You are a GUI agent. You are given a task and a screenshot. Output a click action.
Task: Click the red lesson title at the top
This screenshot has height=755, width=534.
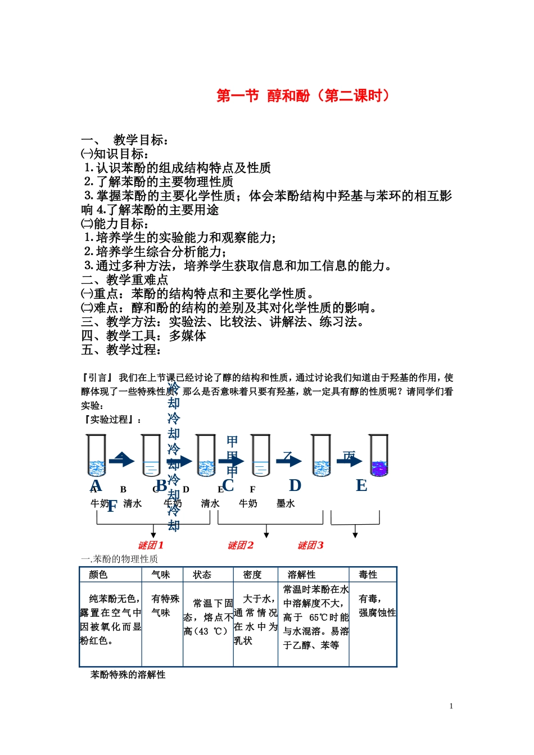(303, 95)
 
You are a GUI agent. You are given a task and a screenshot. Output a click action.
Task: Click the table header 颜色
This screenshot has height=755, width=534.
(98, 575)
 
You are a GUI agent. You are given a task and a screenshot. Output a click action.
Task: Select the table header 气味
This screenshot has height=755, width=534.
(161, 575)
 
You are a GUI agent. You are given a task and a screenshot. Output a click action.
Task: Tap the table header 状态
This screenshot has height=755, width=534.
(202, 575)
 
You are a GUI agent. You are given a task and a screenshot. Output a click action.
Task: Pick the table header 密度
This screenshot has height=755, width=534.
(252, 575)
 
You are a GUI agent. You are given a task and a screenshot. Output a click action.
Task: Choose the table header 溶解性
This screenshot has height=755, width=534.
(301, 575)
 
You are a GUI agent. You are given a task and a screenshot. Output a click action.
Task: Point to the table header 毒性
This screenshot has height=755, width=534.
(368, 575)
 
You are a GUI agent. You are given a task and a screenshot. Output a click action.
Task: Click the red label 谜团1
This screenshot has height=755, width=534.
(151, 545)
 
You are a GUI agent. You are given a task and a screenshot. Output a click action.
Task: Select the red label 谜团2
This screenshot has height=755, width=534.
(241, 545)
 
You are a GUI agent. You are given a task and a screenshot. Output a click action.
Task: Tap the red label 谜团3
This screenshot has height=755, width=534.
(310, 545)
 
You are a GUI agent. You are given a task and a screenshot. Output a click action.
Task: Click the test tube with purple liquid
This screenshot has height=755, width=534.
(379, 456)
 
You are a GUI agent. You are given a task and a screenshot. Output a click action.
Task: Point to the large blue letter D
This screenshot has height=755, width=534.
(295, 485)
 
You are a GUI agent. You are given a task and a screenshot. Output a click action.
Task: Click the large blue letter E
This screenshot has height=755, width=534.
(361, 485)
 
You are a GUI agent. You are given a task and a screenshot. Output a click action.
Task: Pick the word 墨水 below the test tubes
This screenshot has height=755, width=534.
(286, 503)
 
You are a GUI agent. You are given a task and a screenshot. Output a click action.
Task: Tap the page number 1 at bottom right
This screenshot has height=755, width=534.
(451, 706)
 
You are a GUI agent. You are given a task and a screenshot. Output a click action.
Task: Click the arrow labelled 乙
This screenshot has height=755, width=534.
(289, 460)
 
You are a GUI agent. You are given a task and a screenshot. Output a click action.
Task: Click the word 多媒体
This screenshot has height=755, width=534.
(188, 335)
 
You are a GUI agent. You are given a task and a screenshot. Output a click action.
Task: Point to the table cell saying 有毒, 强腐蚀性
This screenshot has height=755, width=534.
(377, 606)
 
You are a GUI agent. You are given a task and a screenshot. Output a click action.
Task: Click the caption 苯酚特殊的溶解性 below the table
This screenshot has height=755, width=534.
(128, 675)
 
